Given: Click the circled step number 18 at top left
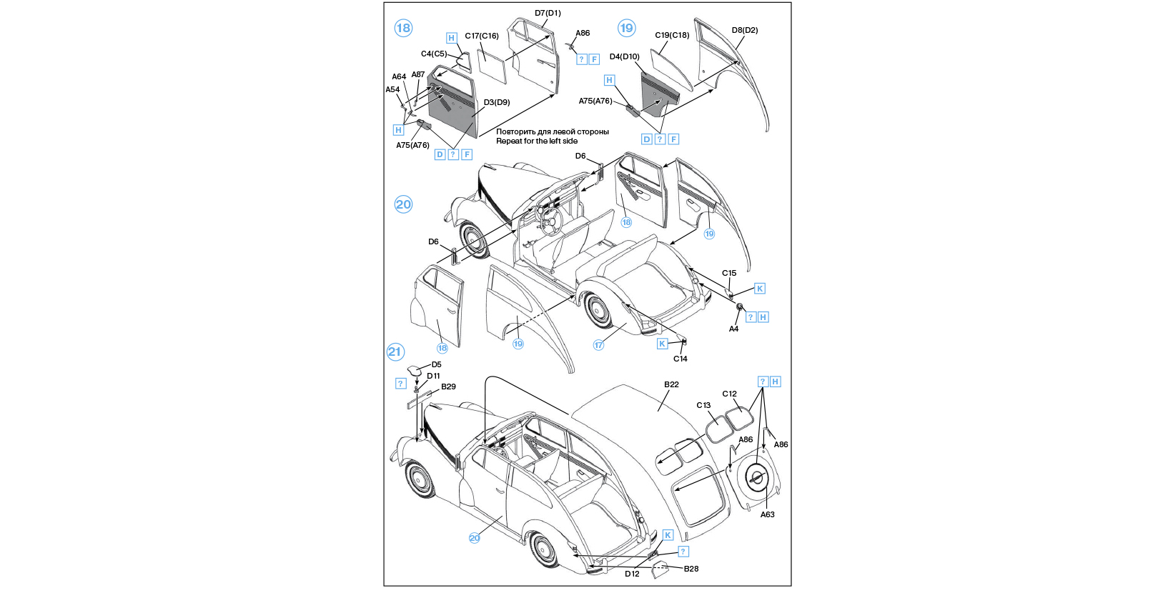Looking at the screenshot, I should coord(403,28).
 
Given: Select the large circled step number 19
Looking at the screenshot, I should coord(626,28).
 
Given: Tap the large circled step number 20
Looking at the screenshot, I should coord(403,204).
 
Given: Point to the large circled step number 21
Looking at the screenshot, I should coord(395,352).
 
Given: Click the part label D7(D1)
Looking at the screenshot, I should coord(548,13).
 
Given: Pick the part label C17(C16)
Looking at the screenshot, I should coord(482,36).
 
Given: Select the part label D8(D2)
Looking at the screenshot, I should coord(744,30).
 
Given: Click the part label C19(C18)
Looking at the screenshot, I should coord(672,35).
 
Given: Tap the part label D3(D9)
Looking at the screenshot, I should coord(497,102).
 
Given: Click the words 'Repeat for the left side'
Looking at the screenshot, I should coord(537,141).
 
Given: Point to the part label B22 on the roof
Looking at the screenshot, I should coord(671,384).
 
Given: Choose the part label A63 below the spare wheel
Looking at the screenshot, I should coord(767,514).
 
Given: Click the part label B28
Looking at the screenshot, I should coord(691,569).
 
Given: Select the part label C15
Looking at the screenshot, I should coord(729,273).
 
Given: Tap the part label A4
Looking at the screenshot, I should coord(733,329).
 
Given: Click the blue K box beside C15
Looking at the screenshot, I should coord(760,289).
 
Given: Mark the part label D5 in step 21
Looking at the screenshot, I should coord(436,364).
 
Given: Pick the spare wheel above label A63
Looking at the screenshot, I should coord(757,478).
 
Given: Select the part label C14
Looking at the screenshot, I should coord(680,359).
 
